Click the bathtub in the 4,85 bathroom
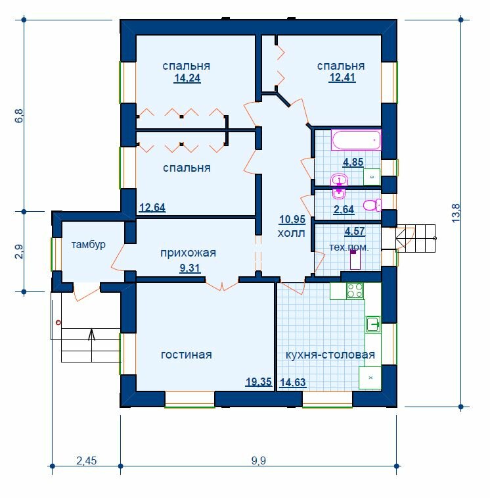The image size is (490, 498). pyautogui.click(x=356, y=139)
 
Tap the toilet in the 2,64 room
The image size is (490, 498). pyautogui.click(x=372, y=205)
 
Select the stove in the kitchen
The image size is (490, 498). pyautogui.click(x=355, y=291)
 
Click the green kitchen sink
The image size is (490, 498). pyautogui.click(x=373, y=324)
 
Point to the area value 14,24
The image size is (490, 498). pyautogui.click(x=187, y=78)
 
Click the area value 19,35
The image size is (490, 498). pyautogui.click(x=259, y=382)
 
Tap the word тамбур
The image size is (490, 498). pyautogui.click(x=88, y=245)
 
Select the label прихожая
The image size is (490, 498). pyautogui.click(x=188, y=253)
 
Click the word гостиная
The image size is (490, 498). pyautogui.click(x=187, y=355)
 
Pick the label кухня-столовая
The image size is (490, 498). pyautogui.click(x=330, y=355)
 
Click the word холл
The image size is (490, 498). pyautogui.click(x=292, y=233)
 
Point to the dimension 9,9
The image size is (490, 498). pyautogui.click(x=259, y=461)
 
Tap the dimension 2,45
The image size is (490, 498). pyautogui.click(x=87, y=461)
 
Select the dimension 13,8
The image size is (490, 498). pyautogui.click(x=456, y=212)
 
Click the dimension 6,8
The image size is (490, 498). pyautogui.click(x=19, y=116)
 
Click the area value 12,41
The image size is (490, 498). pyautogui.click(x=342, y=78)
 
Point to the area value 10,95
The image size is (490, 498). pyautogui.click(x=292, y=219)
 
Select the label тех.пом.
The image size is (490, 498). pyautogui.click(x=349, y=247)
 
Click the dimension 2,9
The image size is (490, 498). pyautogui.click(x=19, y=251)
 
